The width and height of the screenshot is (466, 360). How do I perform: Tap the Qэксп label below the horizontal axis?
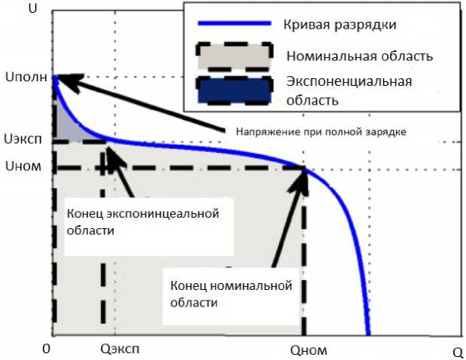119,350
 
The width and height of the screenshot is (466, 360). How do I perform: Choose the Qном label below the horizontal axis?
309,350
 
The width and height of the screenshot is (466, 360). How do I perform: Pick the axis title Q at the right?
456,352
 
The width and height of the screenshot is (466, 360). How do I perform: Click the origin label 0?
47,350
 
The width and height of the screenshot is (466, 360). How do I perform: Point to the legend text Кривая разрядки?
340,25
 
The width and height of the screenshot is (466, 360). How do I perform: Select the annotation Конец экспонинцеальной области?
143,223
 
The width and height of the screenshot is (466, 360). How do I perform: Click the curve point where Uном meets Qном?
305,168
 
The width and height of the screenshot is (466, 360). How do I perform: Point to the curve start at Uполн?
53,77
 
